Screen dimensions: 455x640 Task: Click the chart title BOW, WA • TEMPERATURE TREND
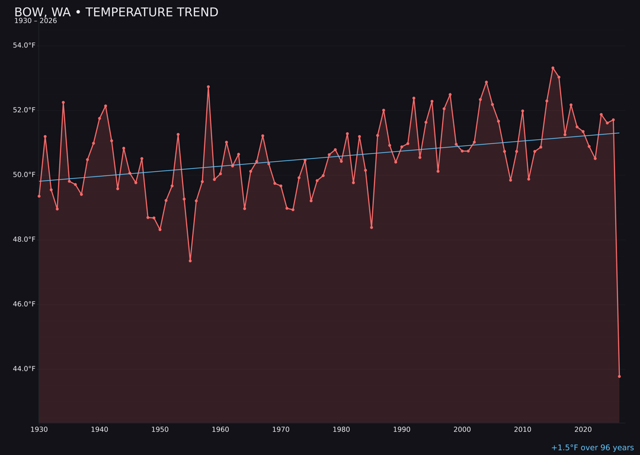[116, 12]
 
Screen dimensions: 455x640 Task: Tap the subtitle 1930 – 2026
[36, 21]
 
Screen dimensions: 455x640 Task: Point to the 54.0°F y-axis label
[24, 46]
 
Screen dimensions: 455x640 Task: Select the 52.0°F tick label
[24, 110]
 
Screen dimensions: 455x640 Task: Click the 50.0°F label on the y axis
[24, 175]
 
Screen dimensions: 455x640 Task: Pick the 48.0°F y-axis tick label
[24, 239]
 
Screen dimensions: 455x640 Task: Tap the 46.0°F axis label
[24, 304]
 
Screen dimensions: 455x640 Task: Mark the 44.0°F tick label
[24, 369]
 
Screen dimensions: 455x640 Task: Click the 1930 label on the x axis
[39, 430]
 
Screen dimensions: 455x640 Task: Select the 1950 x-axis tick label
[160, 430]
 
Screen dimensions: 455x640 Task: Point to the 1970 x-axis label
[281, 430]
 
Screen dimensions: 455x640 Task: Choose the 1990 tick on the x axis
[402, 430]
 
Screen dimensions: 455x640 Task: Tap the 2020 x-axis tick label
[583, 430]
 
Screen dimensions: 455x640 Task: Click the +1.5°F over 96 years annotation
[592, 448]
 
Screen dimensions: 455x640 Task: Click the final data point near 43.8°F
[619, 376]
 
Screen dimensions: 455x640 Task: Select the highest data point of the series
[553, 68]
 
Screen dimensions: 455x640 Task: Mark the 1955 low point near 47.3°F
[190, 261]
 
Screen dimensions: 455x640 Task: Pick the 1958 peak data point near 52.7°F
[208, 87]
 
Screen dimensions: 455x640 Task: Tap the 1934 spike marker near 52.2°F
[63, 102]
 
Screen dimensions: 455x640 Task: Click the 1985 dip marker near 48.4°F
[372, 227]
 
